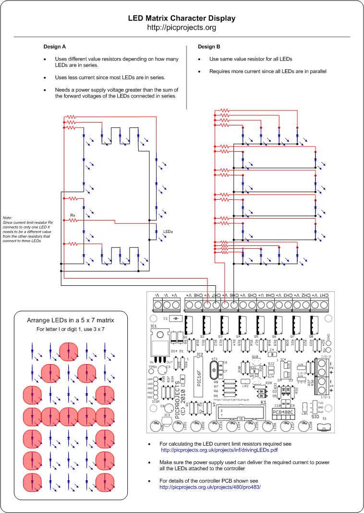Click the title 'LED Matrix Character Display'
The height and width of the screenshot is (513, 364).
[182, 18]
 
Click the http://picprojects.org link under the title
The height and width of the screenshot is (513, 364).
[182, 27]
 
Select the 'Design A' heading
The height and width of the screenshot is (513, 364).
[54, 47]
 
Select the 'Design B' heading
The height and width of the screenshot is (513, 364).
[209, 47]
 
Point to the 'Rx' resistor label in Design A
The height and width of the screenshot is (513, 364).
[73, 215]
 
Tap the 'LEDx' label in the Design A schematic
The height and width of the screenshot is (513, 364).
[168, 232]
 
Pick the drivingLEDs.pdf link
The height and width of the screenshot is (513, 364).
[219, 450]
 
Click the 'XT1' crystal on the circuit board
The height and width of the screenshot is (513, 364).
[214, 359]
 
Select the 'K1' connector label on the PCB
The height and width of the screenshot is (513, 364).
[263, 403]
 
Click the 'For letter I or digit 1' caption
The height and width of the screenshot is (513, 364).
[70, 329]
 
